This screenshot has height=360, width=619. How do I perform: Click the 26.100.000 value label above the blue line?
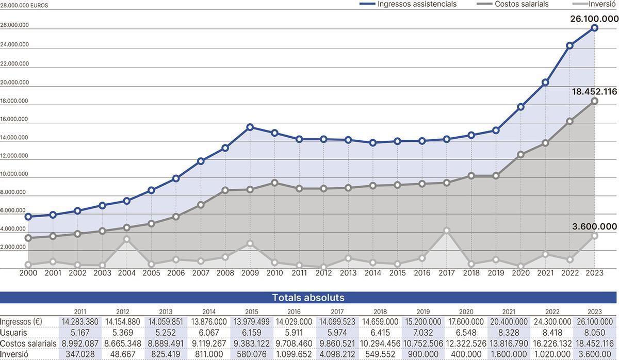[x=594, y=19]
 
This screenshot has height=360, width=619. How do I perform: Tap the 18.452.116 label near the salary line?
[x=594, y=92]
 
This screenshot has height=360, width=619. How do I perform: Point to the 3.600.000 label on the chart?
[x=594, y=226]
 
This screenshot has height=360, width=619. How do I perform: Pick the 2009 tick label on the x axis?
[x=250, y=273]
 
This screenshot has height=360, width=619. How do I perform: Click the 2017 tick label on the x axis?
[x=447, y=273]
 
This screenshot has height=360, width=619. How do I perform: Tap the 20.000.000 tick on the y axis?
[x=14, y=83]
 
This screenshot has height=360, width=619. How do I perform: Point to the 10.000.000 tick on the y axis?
[x=14, y=174]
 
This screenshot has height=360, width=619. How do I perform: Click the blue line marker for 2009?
[x=250, y=127]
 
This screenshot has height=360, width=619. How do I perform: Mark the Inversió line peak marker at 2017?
[x=447, y=231]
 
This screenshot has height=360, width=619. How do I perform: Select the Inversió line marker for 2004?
[x=127, y=239]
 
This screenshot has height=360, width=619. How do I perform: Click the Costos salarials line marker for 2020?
[x=520, y=155]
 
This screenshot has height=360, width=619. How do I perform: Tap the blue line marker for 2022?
[x=569, y=45]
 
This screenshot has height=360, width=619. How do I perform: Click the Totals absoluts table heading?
[x=308, y=298]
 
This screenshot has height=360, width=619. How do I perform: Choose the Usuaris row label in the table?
[x=13, y=333]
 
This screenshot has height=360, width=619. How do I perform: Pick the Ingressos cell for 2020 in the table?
[x=466, y=322]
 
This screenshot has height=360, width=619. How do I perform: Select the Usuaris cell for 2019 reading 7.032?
[x=423, y=333]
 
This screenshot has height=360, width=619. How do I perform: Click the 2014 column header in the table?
[x=209, y=312]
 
